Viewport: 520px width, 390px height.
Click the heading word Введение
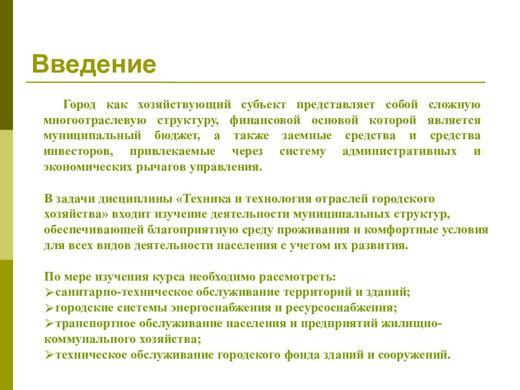pyautogui.click(x=94, y=64)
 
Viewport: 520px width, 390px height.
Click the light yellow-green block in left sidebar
pyautogui.click(x=6, y=195)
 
